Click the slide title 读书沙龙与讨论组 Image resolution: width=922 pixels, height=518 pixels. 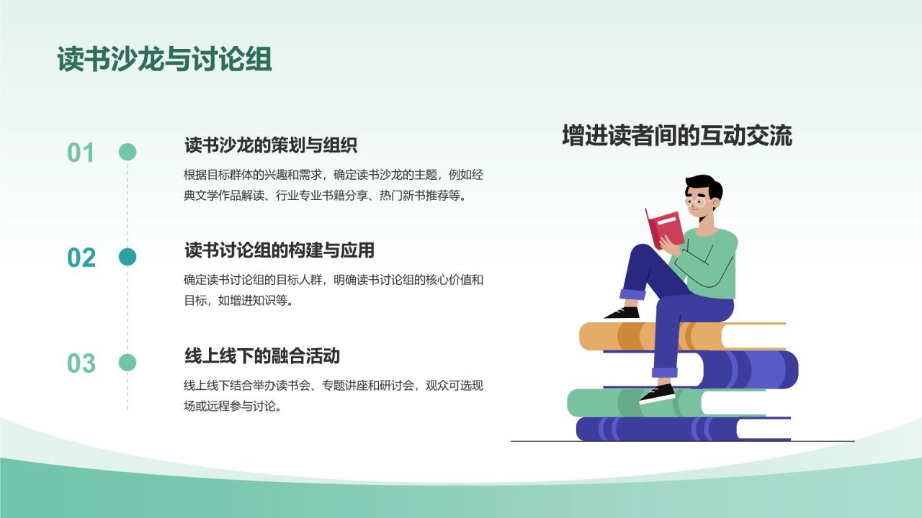click(165, 60)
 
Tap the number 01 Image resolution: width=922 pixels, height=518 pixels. click(81, 153)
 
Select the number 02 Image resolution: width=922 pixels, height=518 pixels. click(81, 258)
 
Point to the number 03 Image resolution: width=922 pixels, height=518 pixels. click(81, 363)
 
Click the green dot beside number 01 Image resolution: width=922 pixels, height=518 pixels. click(127, 152)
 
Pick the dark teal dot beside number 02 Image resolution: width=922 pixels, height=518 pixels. click(127, 257)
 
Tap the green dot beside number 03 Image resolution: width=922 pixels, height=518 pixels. click(127, 363)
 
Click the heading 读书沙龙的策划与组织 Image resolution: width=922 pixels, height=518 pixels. click(271, 145)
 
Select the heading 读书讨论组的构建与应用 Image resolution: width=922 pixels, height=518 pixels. click(279, 250)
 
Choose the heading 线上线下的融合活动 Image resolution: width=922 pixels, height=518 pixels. click(262, 355)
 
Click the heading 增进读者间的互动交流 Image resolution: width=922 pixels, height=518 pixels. click(676, 136)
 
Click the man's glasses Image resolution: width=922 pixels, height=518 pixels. click(697, 202)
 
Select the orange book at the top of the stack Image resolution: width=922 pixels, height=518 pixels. click(627, 336)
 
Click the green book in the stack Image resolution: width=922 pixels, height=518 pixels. click(612, 403)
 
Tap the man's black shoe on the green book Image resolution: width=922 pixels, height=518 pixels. click(657, 394)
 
